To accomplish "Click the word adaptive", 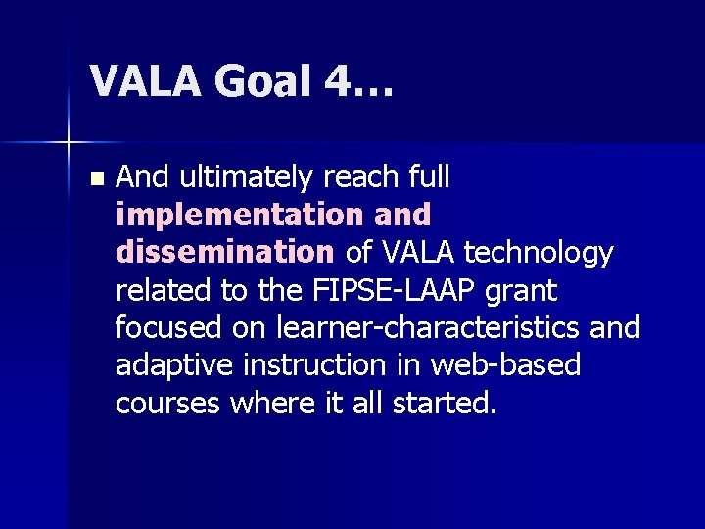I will (x=172, y=365).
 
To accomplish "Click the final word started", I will (x=446, y=403).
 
